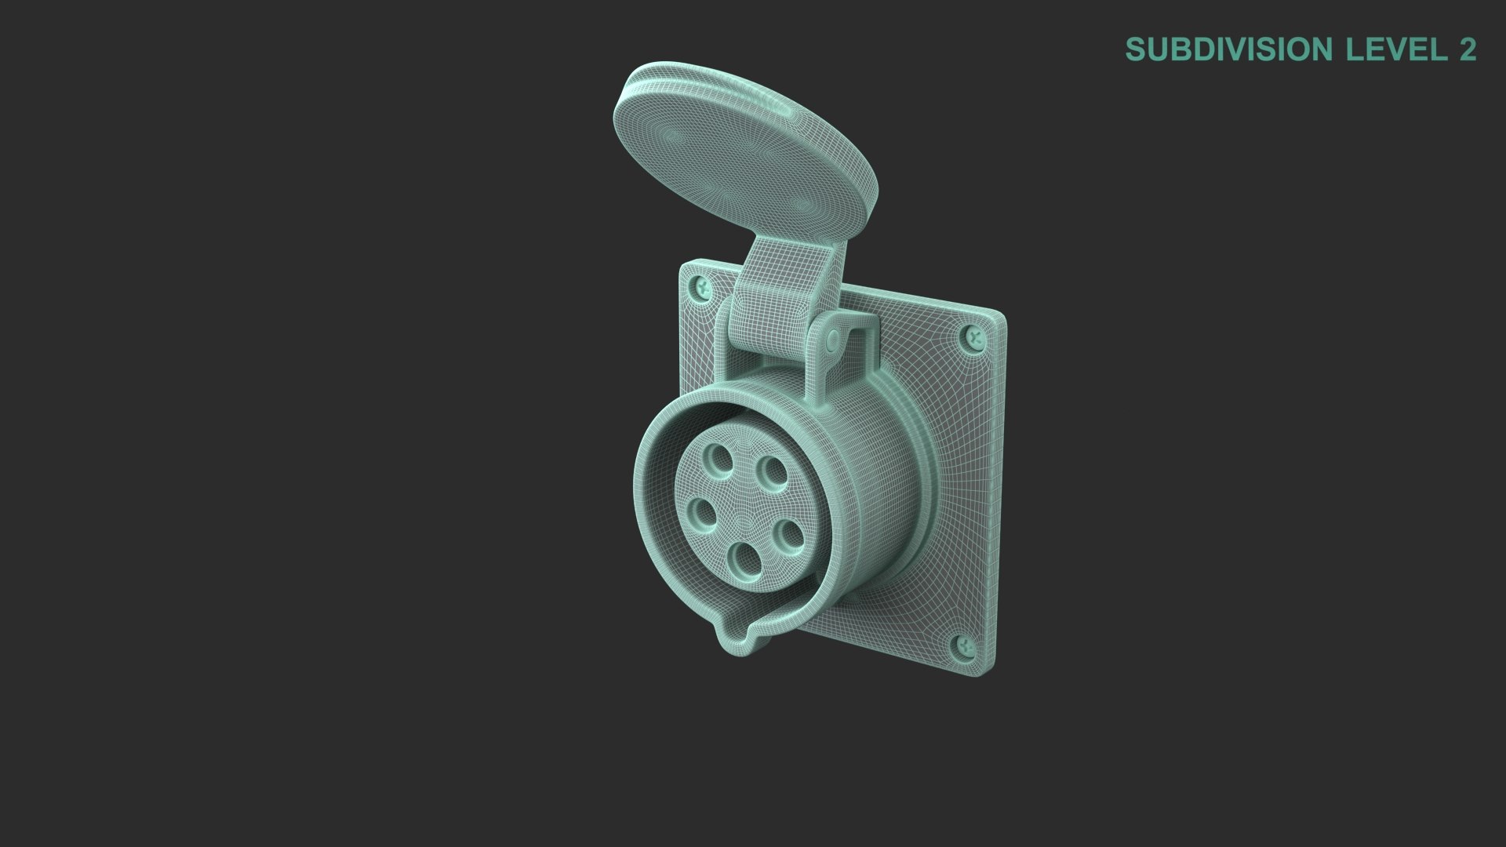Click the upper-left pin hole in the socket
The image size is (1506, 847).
pyautogui.click(x=718, y=456)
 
